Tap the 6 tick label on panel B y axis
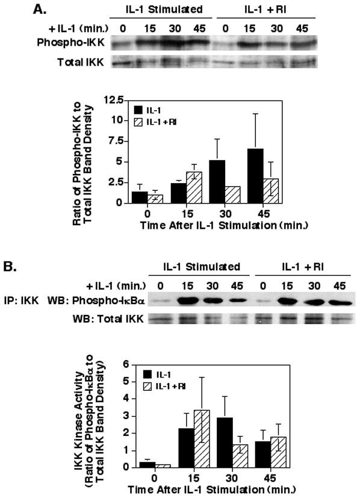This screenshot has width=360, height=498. click(126, 364)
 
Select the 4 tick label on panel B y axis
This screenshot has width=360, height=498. click(126, 398)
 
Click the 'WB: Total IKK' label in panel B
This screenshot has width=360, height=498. click(108, 319)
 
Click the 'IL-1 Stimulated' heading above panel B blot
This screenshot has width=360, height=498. click(202, 266)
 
